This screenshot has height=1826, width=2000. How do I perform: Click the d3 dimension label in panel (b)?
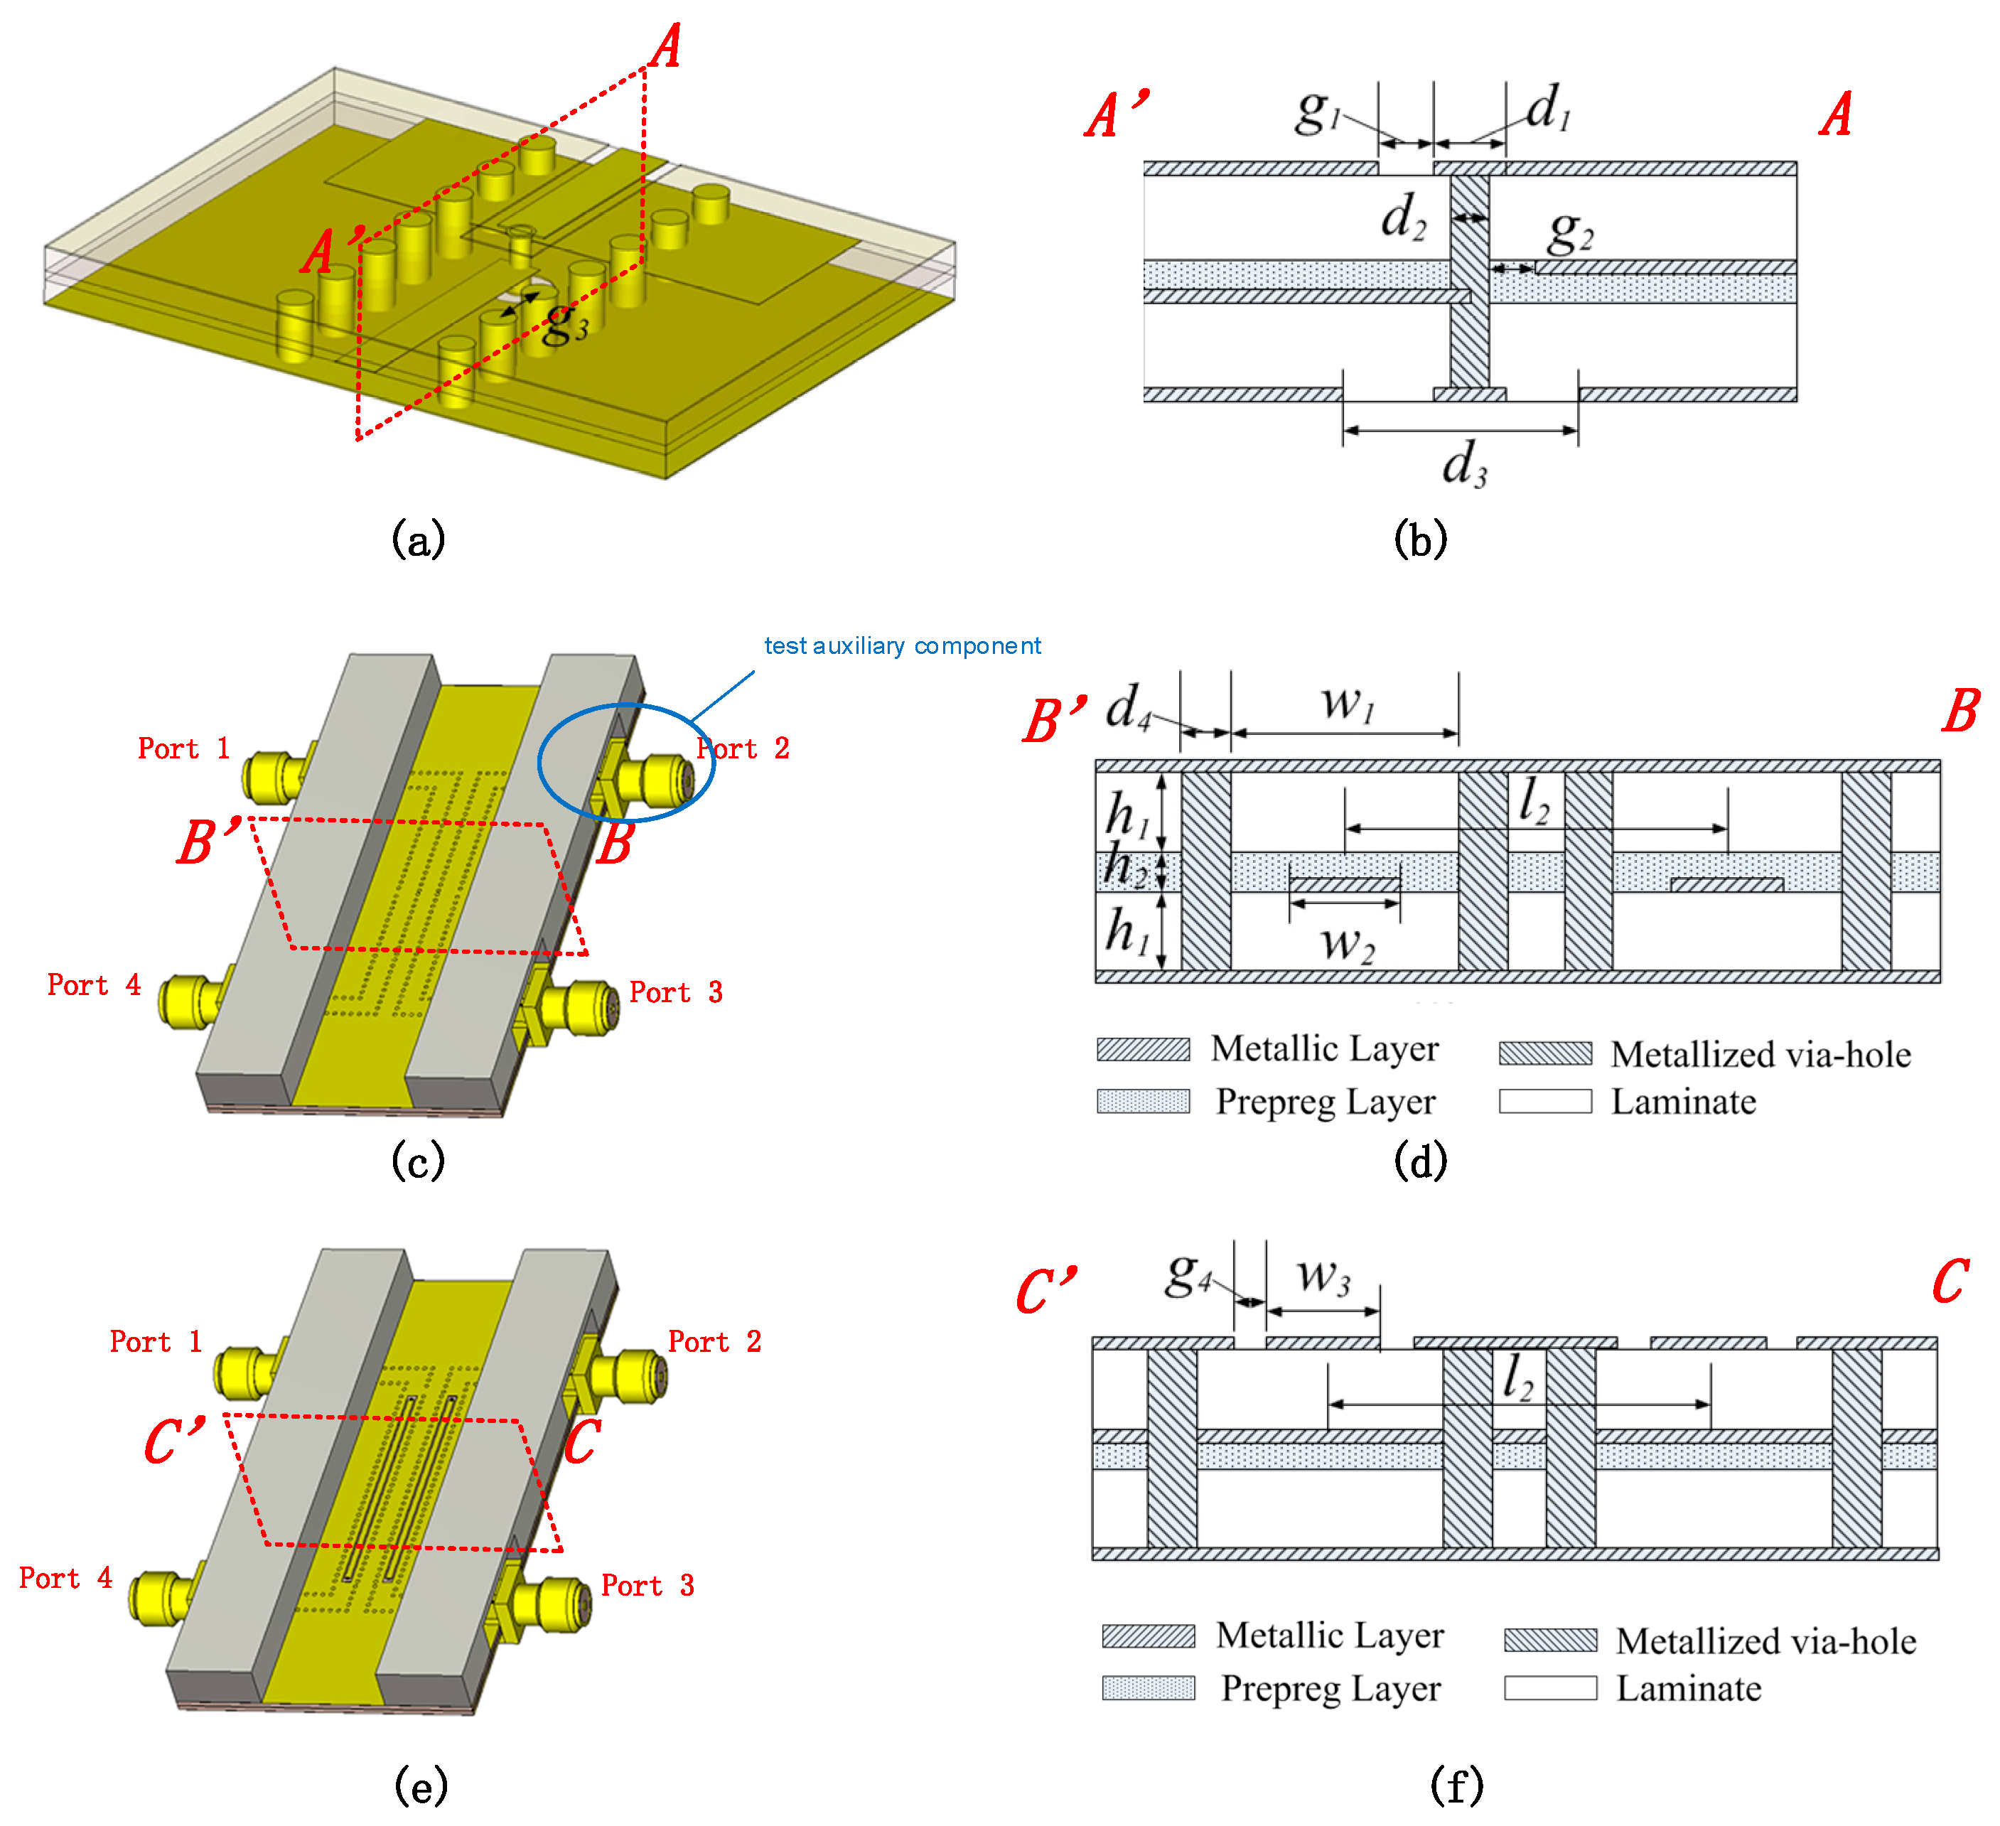[x=1464, y=464]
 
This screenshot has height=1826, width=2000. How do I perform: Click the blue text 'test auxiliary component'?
[x=902, y=646]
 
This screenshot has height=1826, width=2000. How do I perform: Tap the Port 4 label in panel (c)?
[x=95, y=984]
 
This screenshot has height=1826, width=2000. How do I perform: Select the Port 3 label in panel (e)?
[x=647, y=1585]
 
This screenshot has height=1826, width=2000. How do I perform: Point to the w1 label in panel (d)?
[x=1348, y=703]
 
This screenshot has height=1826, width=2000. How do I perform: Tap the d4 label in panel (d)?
[x=1129, y=707]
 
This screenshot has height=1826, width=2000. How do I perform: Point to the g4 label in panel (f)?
[x=1188, y=1275]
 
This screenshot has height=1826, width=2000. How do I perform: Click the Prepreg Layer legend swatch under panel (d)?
[x=1143, y=1102]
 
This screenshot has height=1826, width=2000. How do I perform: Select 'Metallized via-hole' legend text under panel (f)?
[x=1765, y=1641]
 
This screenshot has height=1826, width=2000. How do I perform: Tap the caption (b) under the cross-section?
[x=1419, y=540]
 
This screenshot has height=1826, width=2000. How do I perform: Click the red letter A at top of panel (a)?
[x=667, y=47]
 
